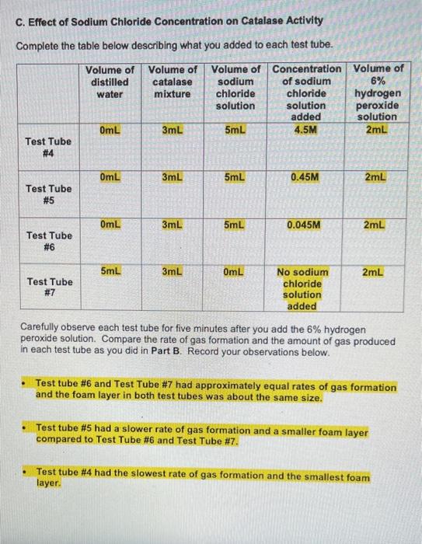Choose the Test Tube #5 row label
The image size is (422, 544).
49,194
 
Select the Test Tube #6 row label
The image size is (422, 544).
49,241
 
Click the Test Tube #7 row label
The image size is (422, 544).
49,288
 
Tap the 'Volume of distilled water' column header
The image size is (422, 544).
110,82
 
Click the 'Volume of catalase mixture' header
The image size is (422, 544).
172,82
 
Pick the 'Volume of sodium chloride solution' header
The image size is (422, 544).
235,87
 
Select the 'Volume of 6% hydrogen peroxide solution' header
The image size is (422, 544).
378,92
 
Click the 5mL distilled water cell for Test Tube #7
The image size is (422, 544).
110,271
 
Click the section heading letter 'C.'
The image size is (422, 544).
20,22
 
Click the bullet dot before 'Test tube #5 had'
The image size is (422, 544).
26,428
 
